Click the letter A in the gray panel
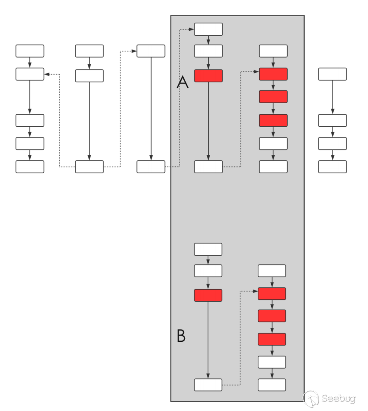182,83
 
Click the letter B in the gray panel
181,336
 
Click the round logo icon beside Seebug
310,399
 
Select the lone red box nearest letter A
208,76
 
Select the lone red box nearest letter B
208,295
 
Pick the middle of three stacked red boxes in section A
273,97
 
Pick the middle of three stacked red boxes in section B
272,316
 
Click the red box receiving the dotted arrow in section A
273,74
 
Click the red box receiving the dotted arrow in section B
272,294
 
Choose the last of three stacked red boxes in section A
273,120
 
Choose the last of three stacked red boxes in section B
272,339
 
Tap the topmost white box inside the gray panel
208,29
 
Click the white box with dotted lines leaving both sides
89,167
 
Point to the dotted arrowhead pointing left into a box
46,74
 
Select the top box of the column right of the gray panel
332,74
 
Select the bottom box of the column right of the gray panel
332,167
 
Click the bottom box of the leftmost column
30,167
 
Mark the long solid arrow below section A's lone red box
208,120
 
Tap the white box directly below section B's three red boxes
272,362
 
